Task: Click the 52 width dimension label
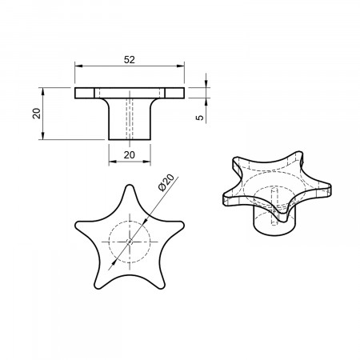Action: tap(130, 60)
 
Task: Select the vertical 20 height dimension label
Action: tap(36, 114)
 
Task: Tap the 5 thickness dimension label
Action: tap(199, 118)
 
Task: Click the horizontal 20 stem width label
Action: tap(130, 154)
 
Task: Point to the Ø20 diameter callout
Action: tap(166, 182)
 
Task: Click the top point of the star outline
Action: tap(130, 185)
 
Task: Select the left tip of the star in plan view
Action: tap(75, 226)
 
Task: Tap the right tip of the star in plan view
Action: tap(184, 225)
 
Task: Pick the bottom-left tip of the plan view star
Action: tap(98, 288)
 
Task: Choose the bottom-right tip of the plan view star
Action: tap(162, 288)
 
